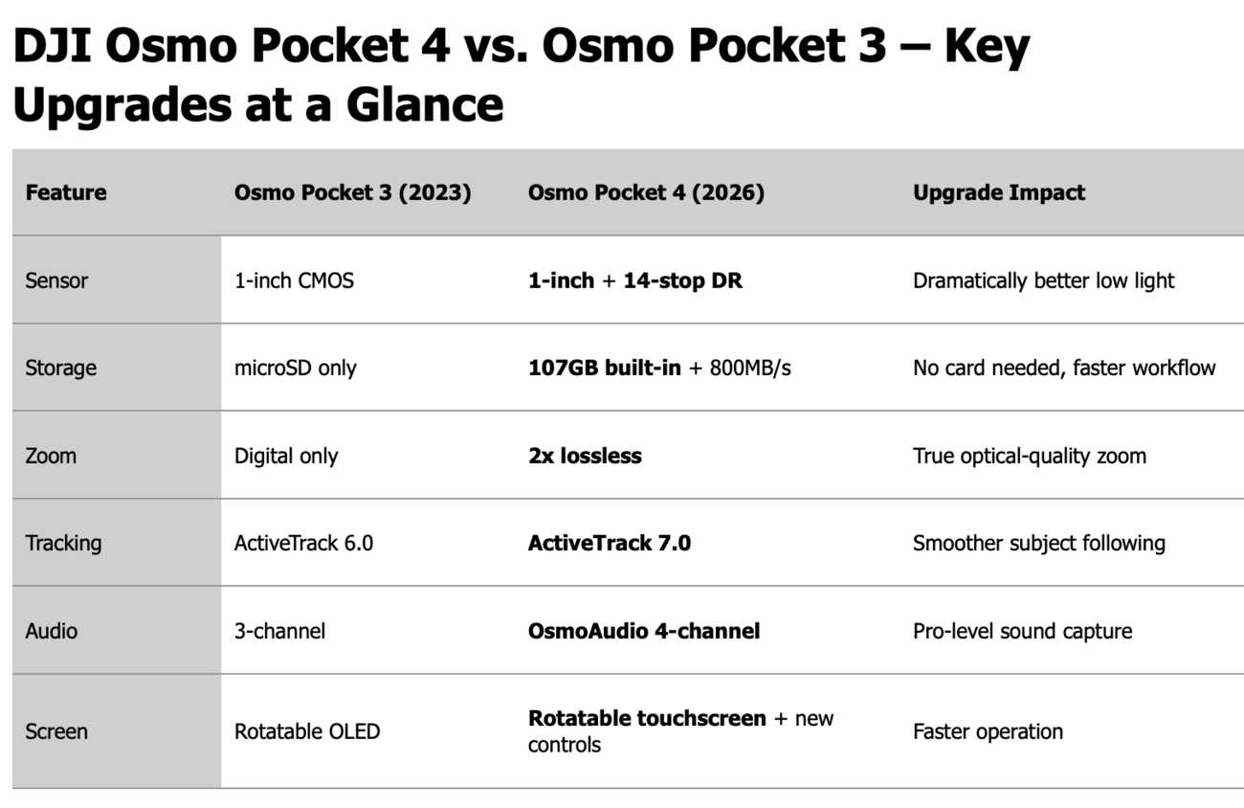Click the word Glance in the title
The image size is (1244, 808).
tap(425, 104)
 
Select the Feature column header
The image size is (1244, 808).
tap(66, 192)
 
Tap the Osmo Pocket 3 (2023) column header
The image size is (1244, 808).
tap(353, 192)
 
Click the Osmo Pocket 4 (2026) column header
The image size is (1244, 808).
tap(646, 192)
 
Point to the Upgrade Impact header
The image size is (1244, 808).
tap(999, 192)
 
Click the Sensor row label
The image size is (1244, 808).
tap(56, 281)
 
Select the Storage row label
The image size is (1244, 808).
tap(61, 368)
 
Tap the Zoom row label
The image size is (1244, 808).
tap(51, 456)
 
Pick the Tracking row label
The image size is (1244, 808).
tap(64, 543)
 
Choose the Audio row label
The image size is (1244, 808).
tap(52, 631)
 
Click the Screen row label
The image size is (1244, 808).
tap(56, 731)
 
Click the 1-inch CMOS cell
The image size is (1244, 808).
tap(294, 281)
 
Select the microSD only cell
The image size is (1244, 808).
tap(296, 368)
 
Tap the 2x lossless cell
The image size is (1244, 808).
tap(585, 456)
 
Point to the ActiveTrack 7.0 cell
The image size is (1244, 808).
tap(610, 543)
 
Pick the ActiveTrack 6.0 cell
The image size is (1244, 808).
tap(303, 543)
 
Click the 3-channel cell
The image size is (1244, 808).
tap(279, 631)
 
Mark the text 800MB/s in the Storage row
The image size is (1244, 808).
tap(750, 368)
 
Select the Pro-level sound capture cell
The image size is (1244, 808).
tap(1022, 631)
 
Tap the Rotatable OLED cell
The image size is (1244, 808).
tap(307, 731)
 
